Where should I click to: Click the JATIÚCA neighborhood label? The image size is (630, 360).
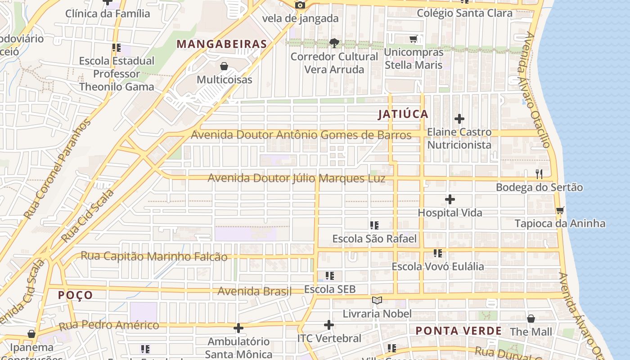point(403,114)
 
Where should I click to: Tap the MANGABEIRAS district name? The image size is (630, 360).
point(222,44)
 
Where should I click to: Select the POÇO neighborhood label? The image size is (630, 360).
point(76,295)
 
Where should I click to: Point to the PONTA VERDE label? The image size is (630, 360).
point(458,331)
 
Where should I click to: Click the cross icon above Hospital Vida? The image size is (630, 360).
point(450,199)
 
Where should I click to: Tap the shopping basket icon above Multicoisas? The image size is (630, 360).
point(224,67)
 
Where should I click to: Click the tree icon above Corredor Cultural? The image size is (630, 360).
point(334,43)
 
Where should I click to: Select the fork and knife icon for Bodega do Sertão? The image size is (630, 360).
point(539,174)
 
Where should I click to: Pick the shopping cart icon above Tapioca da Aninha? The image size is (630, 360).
point(560,210)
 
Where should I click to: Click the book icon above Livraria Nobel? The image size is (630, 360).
point(377,300)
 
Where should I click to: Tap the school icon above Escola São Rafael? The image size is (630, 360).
point(374,225)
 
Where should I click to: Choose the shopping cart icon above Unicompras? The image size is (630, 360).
point(413,39)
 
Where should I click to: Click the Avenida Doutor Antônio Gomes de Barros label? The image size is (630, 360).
point(301,135)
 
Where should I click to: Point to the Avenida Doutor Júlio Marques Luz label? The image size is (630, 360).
point(296,178)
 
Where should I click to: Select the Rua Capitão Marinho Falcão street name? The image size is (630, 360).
point(154,256)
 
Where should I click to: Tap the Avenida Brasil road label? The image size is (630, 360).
point(255,291)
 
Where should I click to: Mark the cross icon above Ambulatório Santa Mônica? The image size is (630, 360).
point(238,328)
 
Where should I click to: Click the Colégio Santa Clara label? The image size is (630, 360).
point(464,13)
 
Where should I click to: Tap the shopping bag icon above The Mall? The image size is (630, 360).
point(531,319)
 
